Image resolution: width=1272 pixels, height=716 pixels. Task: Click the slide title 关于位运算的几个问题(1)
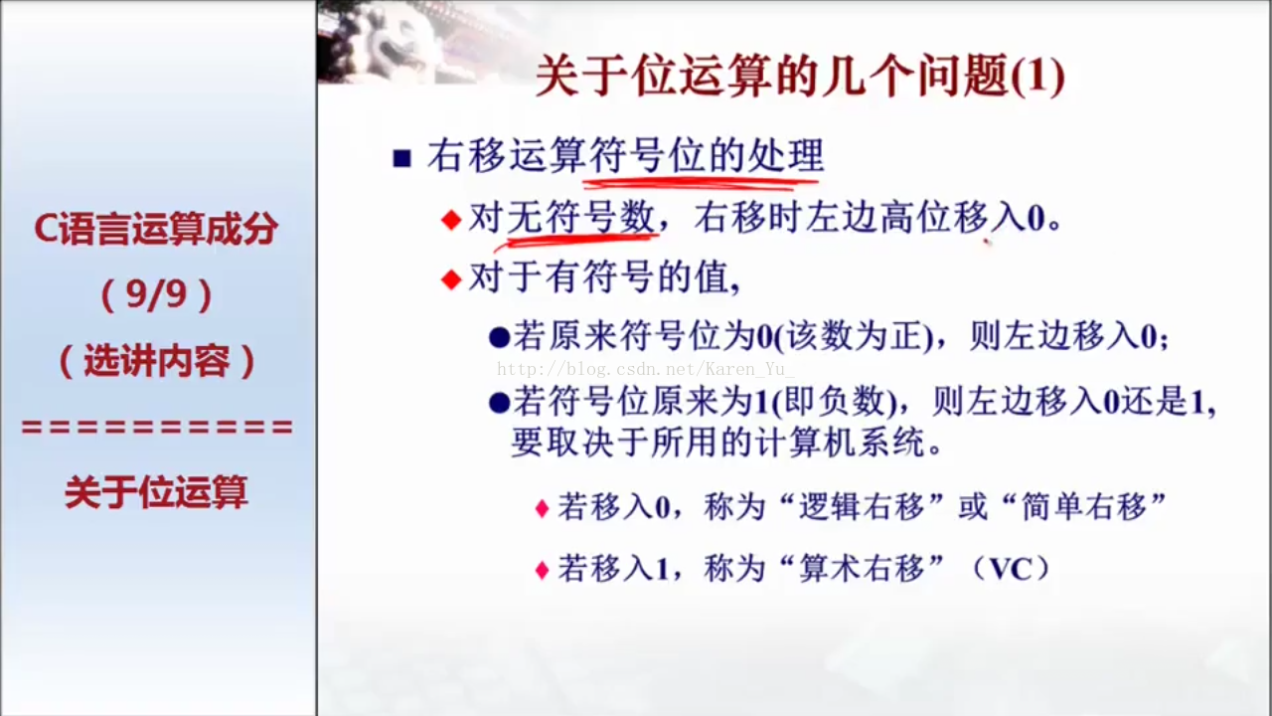pos(800,77)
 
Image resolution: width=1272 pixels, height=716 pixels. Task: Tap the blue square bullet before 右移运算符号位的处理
pos(402,158)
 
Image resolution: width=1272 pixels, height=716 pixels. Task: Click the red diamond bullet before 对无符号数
pos(451,220)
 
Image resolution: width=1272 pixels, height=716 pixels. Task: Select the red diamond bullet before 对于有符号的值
pos(451,279)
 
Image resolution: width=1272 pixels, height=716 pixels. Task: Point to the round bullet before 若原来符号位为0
pos(499,338)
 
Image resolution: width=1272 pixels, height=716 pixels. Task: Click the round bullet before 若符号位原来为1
pos(499,404)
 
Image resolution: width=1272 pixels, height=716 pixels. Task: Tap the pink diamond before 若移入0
pos(543,508)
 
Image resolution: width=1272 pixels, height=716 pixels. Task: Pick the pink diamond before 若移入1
pos(543,570)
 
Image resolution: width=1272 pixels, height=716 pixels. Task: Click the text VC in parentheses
pos(1011,568)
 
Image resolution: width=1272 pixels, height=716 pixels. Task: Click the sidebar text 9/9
pos(157,294)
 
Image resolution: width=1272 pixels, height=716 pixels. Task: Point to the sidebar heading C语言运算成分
pos(156,229)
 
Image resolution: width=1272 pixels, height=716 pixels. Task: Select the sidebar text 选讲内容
pos(157,361)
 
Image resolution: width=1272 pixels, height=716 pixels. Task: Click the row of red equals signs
pos(157,427)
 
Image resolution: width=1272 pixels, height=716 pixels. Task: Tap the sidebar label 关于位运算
pos(156,492)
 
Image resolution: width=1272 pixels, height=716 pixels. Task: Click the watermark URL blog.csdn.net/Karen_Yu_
pos(646,369)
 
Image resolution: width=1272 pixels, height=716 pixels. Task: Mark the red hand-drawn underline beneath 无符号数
pos(576,241)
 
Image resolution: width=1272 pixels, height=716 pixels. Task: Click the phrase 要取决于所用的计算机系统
pos(726,443)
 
